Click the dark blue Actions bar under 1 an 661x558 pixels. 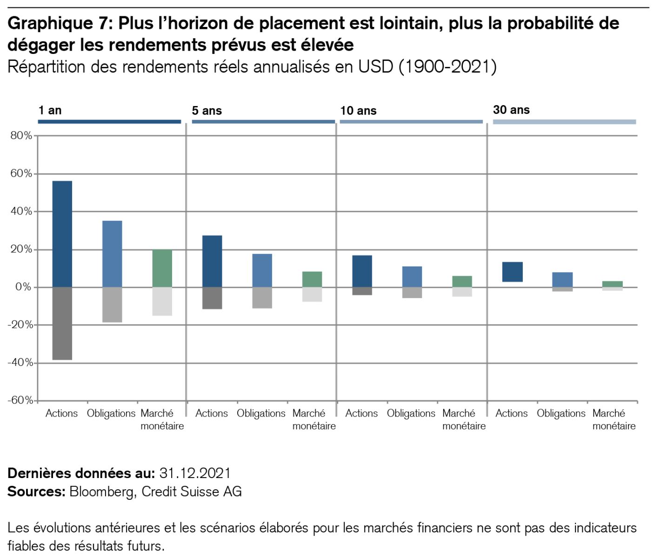62,233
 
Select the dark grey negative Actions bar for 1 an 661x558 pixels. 62,323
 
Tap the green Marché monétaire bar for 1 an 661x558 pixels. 162,268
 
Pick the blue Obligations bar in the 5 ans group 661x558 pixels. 262,270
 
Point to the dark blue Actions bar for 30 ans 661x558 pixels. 513,272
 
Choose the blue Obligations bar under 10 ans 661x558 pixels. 412,277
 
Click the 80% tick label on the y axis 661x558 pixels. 21,136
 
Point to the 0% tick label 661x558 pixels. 23,287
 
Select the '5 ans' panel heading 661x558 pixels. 207,111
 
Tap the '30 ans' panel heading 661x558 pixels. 511,110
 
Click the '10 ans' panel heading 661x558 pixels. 358,111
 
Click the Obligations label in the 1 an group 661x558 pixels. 111,413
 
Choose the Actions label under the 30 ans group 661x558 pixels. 512,413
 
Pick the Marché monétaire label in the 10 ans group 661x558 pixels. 464,419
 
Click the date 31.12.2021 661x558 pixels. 195,473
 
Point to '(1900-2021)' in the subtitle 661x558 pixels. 447,67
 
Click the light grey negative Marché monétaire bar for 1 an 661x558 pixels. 162,301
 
